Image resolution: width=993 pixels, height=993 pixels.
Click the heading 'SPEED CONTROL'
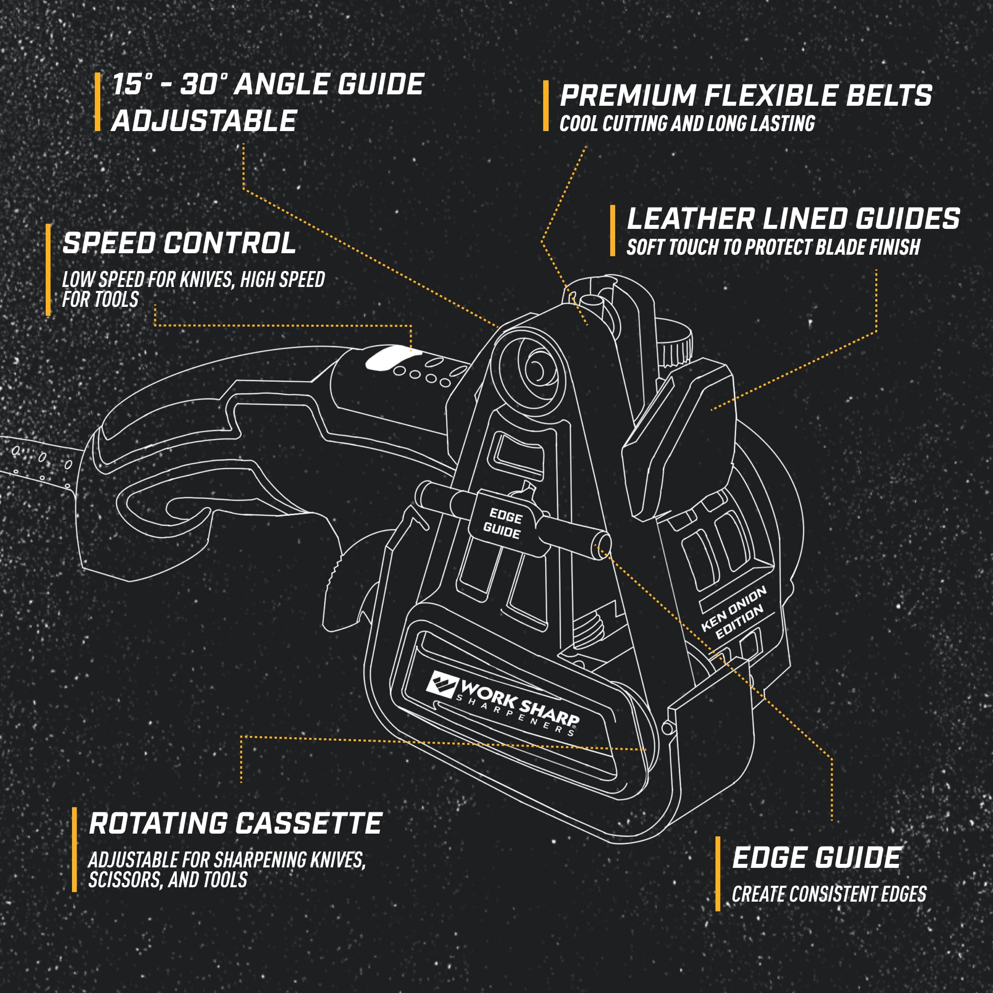pyautogui.click(x=179, y=243)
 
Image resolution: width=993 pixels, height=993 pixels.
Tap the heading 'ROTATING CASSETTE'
pyautogui.click(x=235, y=823)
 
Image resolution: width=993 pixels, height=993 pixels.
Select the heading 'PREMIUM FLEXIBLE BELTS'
pyautogui.click(x=746, y=96)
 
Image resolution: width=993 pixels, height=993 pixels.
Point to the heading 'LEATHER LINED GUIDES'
pyautogui.click(x=793, y=218)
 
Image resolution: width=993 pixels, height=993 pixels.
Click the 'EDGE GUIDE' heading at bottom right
pyautogui.click(x=817, y=858)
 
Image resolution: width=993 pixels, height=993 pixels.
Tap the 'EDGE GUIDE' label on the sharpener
pyautogui.click(x=503, y=523)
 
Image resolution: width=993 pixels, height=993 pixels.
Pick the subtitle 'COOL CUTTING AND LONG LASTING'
pyautogui.click(x=687, y=124)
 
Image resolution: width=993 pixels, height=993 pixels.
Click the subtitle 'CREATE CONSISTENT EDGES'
pyautogui.click(x=829, y=894)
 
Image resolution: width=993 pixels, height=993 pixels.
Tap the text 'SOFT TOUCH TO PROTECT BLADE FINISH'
pyautogui.click(x=773, y=247)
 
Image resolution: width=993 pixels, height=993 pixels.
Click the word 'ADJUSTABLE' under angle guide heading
pyautogui.click(x=204, y=121)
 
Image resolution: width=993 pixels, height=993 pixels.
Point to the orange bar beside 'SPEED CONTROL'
pyautogui.click(x=48, y=270)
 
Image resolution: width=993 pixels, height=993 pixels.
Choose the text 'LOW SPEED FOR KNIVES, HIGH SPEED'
pyautogui.click(x=193, y=280)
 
